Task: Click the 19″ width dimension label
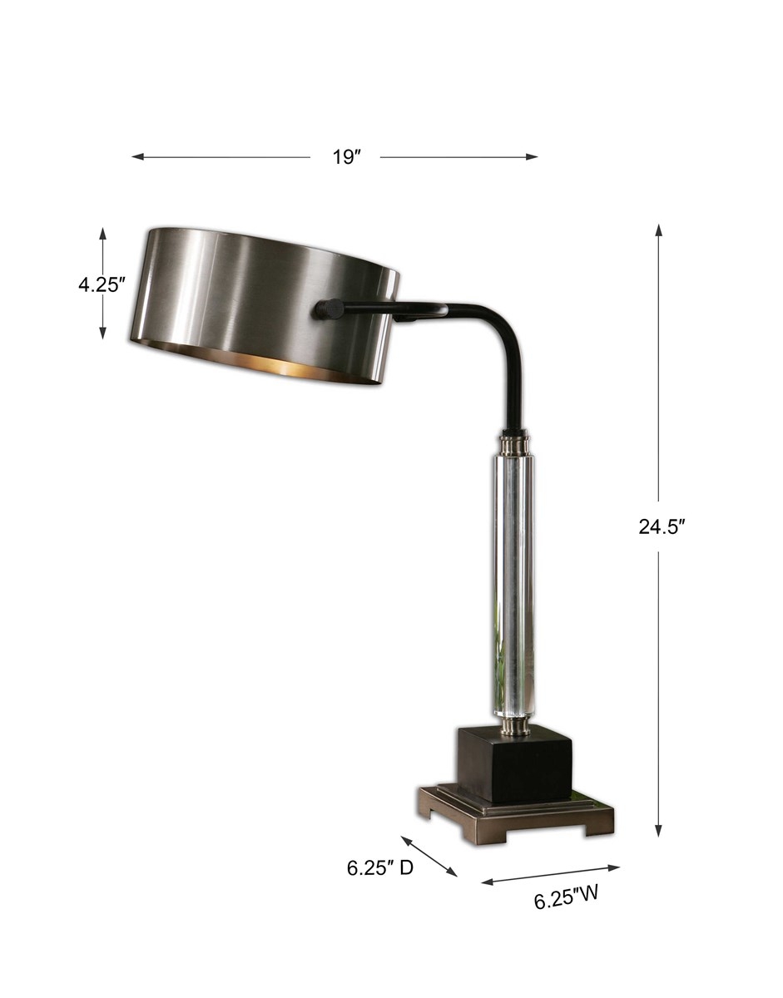coord(344,157)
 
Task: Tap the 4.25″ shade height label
coord(102,284)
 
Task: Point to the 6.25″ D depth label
coord(380,868)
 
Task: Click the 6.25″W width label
coord(567,899)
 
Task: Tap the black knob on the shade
coord(327,309)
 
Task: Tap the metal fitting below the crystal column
coord(513,728)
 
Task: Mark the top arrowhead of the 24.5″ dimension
coord(658,230)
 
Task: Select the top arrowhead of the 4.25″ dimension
coord(103,234)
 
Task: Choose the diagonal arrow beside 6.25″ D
coord(429,856)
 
